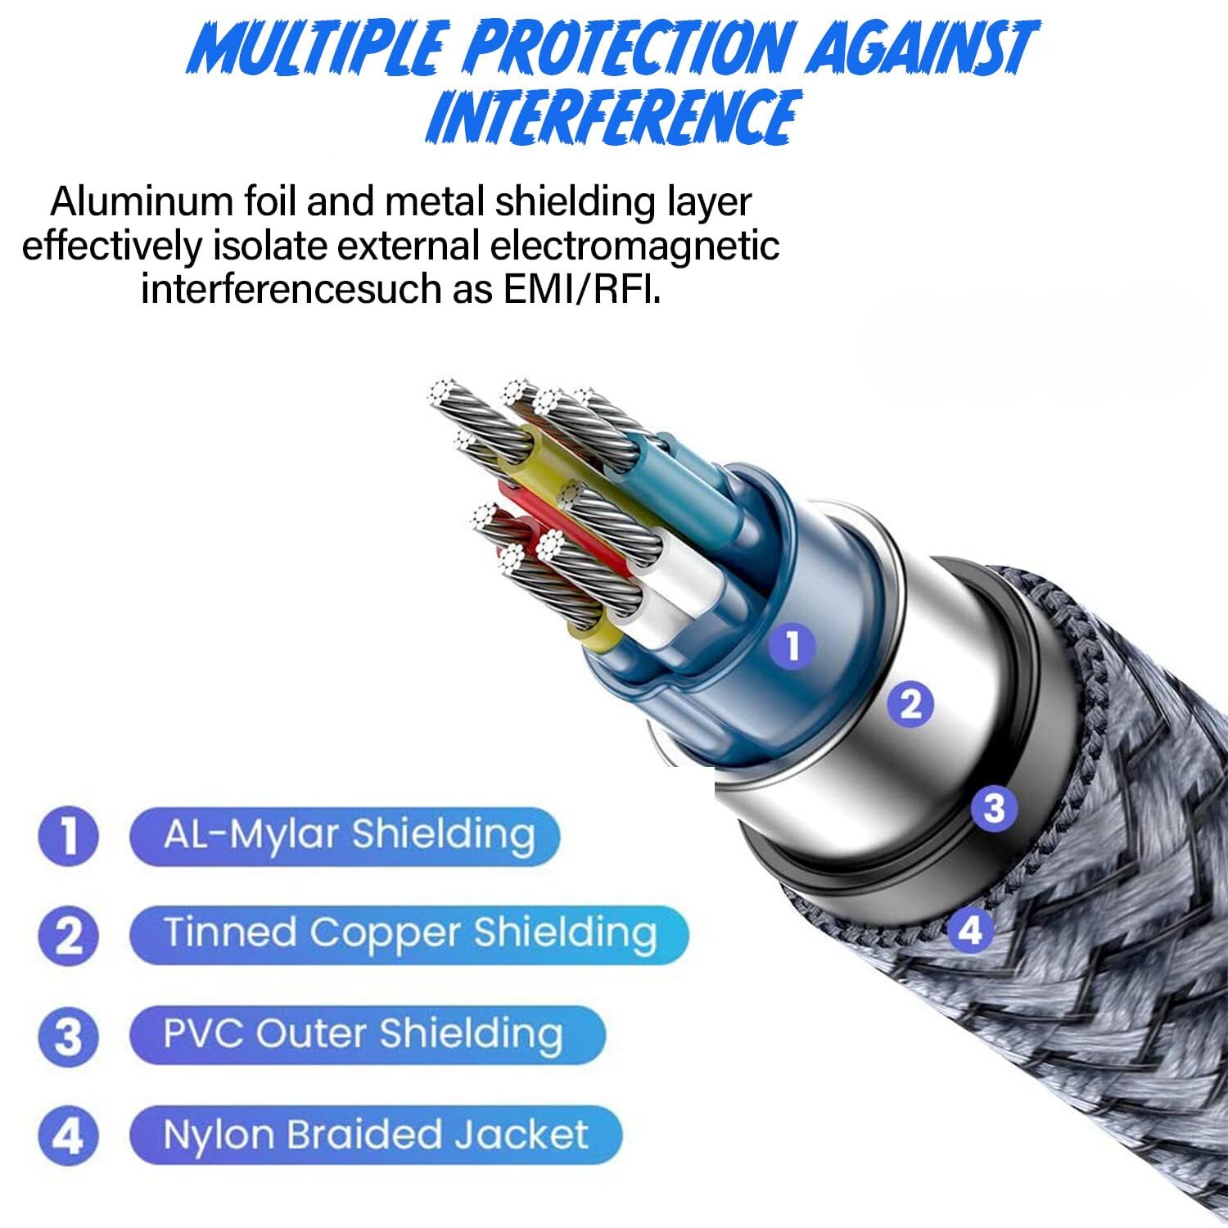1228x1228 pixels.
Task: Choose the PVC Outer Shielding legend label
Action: [363, 1033]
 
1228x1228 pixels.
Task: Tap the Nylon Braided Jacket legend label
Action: [376, 1135]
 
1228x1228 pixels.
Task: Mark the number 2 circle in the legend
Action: [69, 936]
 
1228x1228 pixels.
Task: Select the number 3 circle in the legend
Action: [69, 1036]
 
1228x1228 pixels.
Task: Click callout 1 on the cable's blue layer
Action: [792, 646]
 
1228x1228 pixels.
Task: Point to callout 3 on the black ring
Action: [994, 808]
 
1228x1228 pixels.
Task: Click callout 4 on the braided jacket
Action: [970, 930]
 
